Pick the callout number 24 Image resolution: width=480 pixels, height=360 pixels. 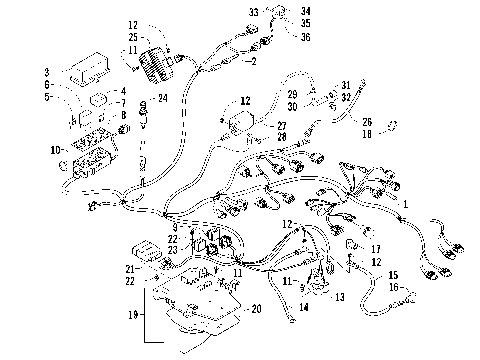[x=164, y=98]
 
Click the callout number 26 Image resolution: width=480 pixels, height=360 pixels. [x=365, y=121]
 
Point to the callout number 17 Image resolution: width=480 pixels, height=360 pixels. [x=377, y=248]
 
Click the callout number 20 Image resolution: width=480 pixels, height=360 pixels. [x=257, y=309]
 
